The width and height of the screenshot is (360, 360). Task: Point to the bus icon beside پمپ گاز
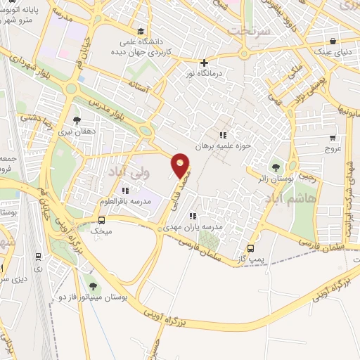click(x=252, y=248)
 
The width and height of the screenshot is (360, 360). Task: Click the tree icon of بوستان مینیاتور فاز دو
click(x=93, y=285)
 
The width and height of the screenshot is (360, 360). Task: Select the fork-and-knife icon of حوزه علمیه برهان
click(x=223, y=134)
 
